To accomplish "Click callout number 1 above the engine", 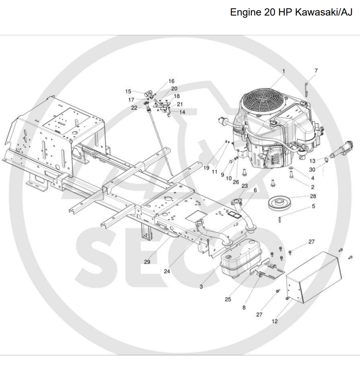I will click(283, 71).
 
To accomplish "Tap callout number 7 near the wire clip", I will click(316, 71).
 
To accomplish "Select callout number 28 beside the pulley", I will click(313, 196).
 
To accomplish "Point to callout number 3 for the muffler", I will click(201, 286).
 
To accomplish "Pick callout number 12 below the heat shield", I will click(275, 321).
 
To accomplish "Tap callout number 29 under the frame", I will click(147, 262).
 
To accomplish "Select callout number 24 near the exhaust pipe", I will click(167, 271).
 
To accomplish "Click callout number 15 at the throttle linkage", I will click(128, 91).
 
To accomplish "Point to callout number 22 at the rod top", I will click(134, 108).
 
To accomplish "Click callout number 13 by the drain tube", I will click(312, 161).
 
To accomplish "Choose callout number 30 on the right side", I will click(312, 169).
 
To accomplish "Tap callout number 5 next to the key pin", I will click(313, 207).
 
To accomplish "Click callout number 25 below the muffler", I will click(228, 299).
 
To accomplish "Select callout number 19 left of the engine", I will click(206, 168).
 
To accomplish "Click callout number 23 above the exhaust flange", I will click(244, 185).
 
